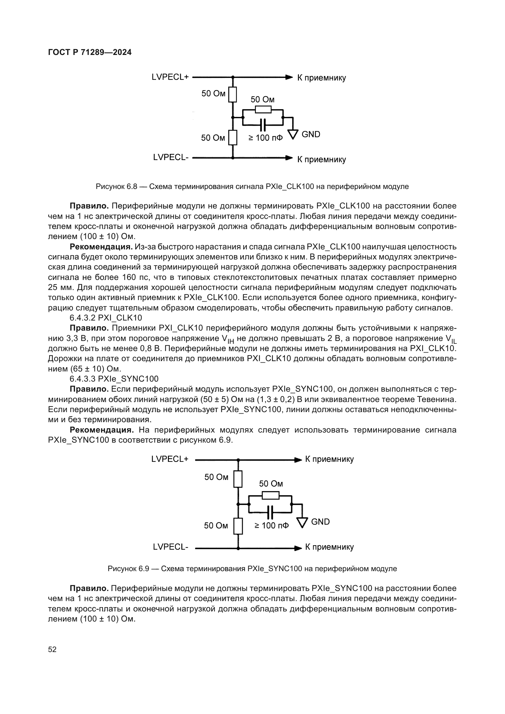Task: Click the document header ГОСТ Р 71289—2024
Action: [x=90, y=52]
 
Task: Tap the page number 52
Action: [x=52, y=649]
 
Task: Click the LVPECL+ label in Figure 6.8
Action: [x=170, y=77]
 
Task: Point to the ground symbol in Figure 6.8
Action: [x=293, y=134]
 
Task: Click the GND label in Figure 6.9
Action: [x=320, y=522]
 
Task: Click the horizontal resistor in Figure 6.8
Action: [x=263, y=110]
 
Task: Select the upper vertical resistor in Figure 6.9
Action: [x=238, y=479]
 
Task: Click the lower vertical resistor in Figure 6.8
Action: [x=233, y=137]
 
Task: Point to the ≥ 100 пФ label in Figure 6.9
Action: [x=271, y=526]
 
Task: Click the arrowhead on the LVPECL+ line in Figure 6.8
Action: [x=289, y=77]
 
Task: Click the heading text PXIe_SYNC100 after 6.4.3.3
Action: [x=128, y=379]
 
